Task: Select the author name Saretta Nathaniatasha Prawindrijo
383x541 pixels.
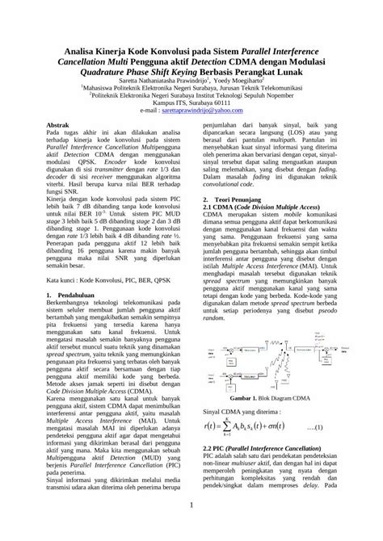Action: [158, 81]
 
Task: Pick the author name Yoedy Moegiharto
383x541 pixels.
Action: [242, 81]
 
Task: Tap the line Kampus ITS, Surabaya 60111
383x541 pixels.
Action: [191, 104]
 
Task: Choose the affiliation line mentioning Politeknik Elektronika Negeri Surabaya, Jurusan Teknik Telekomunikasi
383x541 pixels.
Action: [191, 89]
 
